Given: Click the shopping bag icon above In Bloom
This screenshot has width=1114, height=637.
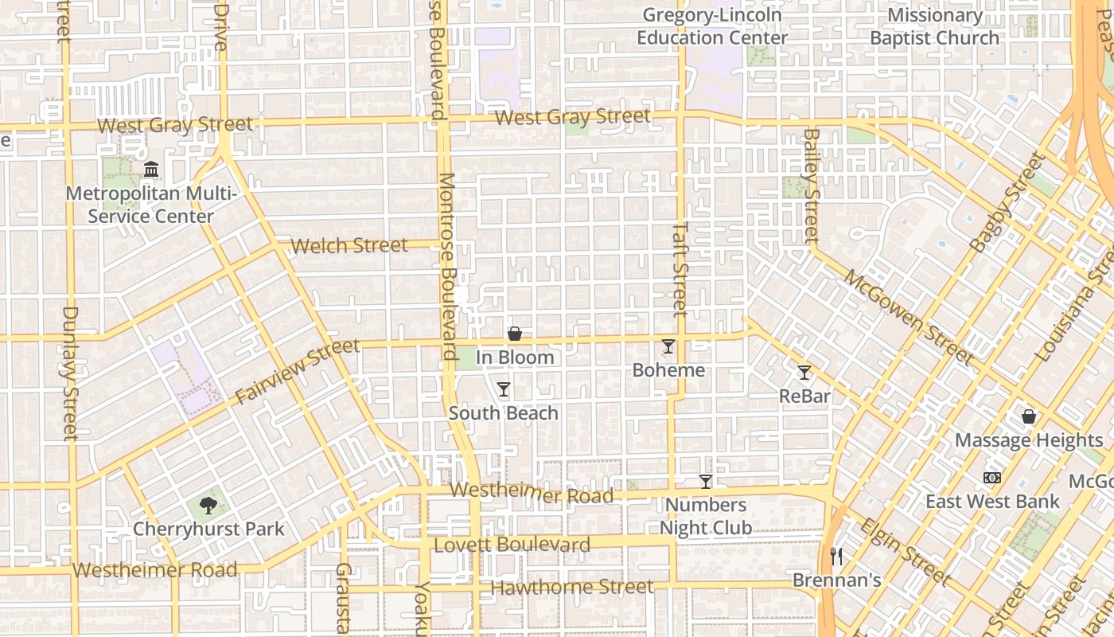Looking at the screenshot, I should (515, 334).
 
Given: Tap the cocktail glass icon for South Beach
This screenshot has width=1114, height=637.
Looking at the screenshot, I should (504, 389).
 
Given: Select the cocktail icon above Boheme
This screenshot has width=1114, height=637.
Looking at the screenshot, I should (668, 346).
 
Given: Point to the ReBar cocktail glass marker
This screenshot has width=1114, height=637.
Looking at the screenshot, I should (804, 373).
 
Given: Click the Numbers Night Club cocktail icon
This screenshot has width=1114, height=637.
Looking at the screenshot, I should (705, 482).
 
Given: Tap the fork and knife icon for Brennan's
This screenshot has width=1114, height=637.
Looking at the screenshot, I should (836, 556).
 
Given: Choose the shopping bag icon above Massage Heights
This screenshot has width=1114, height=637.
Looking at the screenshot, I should (1029, 416).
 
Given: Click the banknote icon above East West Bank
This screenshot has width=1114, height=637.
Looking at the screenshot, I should (992, 478).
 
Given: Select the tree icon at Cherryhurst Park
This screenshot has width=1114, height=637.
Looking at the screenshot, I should (208, 505).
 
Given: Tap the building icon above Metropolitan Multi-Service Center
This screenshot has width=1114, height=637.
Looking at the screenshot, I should (151, 170).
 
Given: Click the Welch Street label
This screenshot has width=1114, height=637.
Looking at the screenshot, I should (349, 245).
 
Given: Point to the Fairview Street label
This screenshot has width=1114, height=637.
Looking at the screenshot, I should (298, 371).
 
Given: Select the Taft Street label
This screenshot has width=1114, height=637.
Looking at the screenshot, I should (680, 268).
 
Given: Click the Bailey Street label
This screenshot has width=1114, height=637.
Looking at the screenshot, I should (811, 186).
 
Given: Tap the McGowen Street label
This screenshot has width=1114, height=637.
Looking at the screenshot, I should (908, 317).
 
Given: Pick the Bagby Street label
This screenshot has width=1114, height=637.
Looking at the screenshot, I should (1007, 204).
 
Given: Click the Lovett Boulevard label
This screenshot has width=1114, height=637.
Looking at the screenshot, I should (512, 545).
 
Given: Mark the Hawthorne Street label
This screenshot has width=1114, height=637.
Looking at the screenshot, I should (572, 588).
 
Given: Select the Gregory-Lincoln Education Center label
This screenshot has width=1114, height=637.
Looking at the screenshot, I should (712, 26).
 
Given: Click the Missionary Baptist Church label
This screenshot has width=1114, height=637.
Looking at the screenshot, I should (934, 26).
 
